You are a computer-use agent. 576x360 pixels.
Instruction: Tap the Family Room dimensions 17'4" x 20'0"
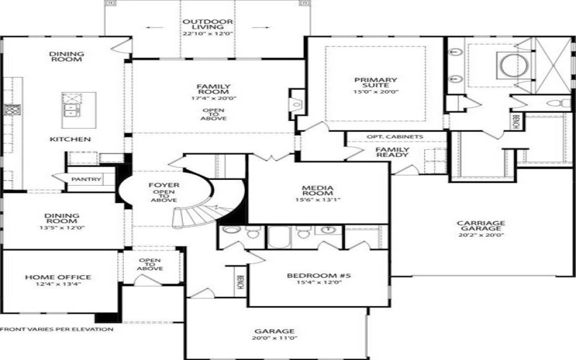213,99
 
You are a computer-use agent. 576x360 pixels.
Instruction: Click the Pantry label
86,179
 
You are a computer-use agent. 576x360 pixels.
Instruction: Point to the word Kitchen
70,139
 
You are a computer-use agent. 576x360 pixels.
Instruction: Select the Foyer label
163,186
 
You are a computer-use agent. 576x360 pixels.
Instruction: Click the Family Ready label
392,152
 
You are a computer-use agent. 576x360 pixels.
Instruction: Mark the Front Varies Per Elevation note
57,329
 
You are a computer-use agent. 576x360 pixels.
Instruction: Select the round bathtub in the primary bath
513,66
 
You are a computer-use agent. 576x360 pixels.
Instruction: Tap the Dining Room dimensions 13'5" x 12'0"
62,228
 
